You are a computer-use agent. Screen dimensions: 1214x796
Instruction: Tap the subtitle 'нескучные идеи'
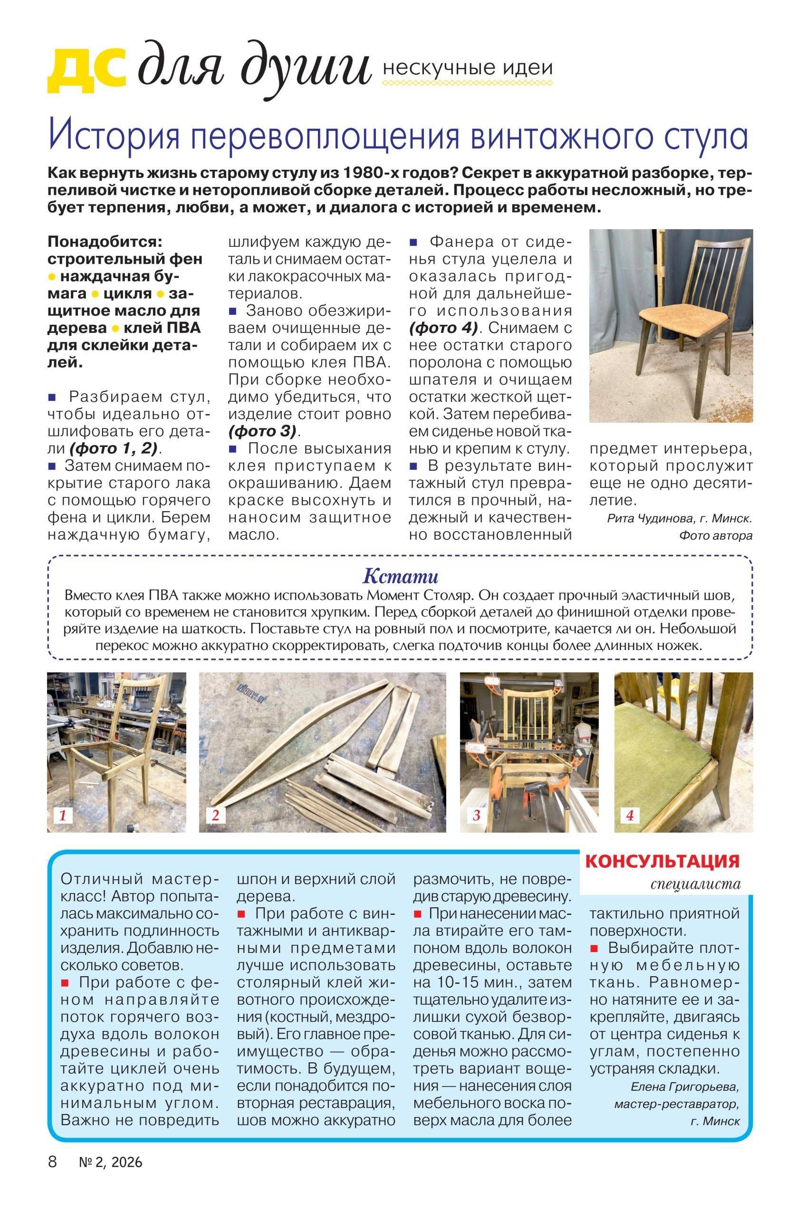click(467, 68)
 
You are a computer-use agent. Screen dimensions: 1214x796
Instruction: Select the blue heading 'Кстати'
click(400, 576)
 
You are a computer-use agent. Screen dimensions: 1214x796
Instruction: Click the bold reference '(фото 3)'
click(262, 431)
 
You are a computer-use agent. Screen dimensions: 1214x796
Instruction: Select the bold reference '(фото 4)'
click(442, 328)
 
